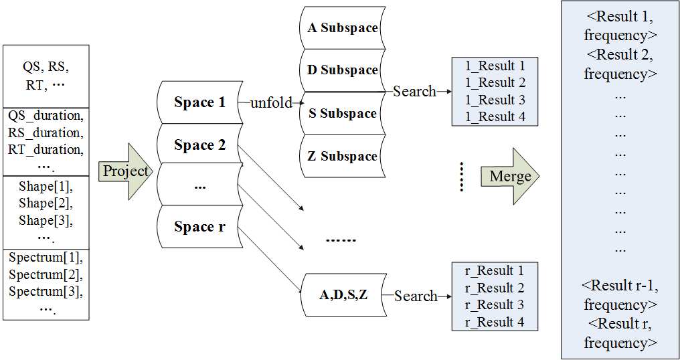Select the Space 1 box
click(x=199, y=103)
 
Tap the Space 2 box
click(x=199, y=145)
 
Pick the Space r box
click(x=199, y=227)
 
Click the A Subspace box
click(x=342, y=28)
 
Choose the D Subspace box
click(x=342, y=70)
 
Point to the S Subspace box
click(x=342, y=114)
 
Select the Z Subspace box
click(x=342, y=157)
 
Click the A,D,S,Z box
click(x=343, y=295)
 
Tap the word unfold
click(x=272, y=103)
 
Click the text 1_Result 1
click(x=495, y=66)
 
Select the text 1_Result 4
click(x=495, y=117)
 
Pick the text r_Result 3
click(x=495, y=305)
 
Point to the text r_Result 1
click(x=495, y=271)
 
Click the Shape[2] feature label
click(x=46, y=203)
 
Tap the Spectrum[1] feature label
click(x=46, y=258)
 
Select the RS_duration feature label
click(x=46, y=132)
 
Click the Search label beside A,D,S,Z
click(x=415, y=296)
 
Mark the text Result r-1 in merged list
click(x=620, y=286)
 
